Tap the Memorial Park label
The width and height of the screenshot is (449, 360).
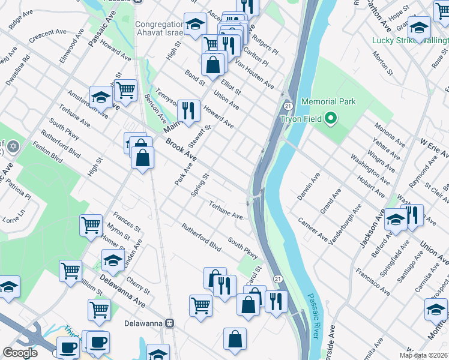328,101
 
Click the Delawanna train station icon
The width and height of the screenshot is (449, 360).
170,323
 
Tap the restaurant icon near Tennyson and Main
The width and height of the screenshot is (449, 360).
188,110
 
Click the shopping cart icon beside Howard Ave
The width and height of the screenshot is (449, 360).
125,90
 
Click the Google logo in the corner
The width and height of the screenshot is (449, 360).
20,353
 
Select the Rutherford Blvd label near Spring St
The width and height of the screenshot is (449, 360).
202,237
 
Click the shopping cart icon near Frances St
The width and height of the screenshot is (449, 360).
91,226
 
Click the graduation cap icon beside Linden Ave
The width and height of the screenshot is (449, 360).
112,260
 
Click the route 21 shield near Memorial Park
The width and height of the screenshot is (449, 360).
288,106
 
